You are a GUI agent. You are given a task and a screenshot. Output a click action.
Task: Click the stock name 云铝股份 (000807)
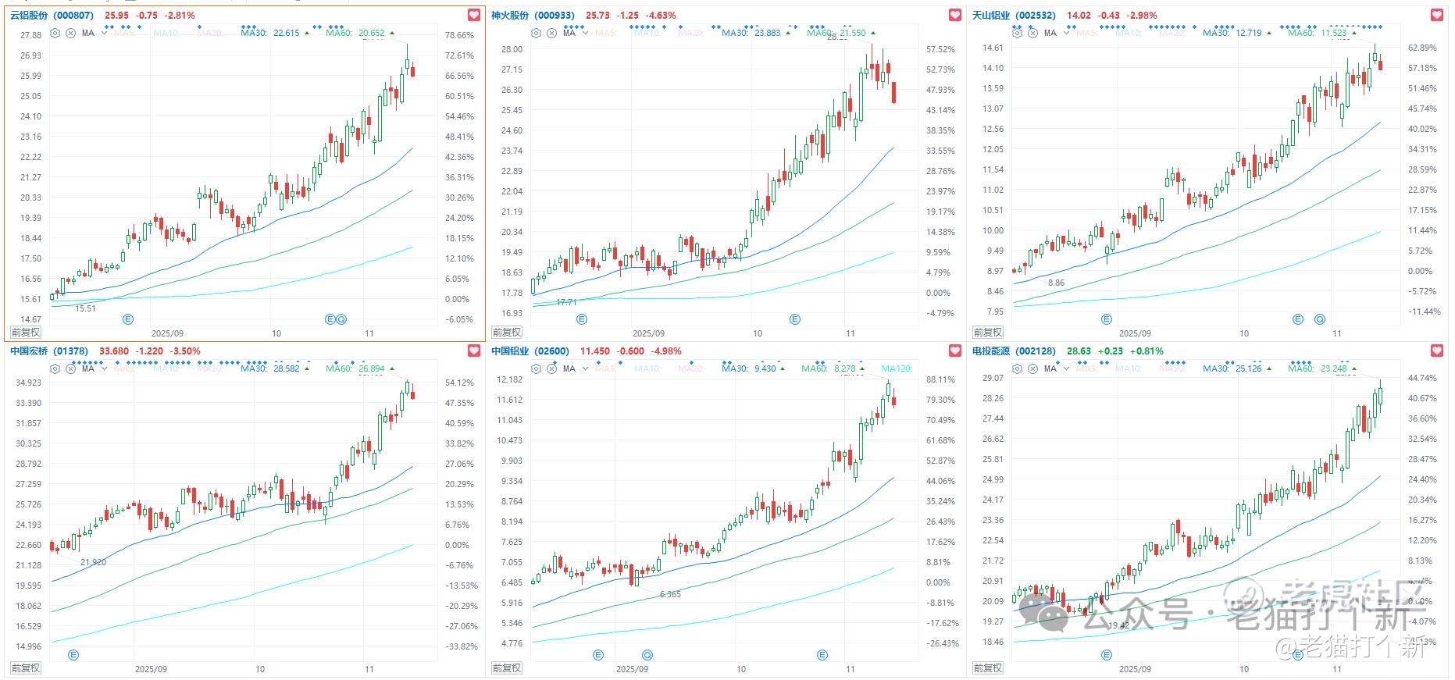click(x=52, y=16)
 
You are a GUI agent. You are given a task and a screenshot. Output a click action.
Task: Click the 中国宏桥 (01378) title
click(x=49, y=351)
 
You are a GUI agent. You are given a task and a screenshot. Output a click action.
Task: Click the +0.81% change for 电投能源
click(x=1147, y=351)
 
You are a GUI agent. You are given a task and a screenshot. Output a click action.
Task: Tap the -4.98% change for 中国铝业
click(x=665, y=351)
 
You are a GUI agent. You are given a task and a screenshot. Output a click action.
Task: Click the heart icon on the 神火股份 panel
click(x=955, y=15)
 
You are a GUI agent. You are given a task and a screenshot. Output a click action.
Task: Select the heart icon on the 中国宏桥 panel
click(x=474, y=351)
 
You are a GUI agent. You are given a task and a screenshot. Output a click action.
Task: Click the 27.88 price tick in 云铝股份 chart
click(x=31, y=35)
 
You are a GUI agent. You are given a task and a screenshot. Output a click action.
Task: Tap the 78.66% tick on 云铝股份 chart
click(x=459, y=35)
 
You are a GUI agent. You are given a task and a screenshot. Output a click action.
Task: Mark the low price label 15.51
click(x=86, y=308)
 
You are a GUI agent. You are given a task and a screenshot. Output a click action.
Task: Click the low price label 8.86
click(x=1056, y=283)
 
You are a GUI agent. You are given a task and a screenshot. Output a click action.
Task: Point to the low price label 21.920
click(x=93, y=562)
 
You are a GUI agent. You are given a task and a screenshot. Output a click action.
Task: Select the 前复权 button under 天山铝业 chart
click(x=988, y=333)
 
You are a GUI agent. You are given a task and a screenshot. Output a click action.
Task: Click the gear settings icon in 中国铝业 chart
click(x=536, y=368)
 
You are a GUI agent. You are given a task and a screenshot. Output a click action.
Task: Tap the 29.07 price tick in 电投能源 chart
click(x=993, y=378)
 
